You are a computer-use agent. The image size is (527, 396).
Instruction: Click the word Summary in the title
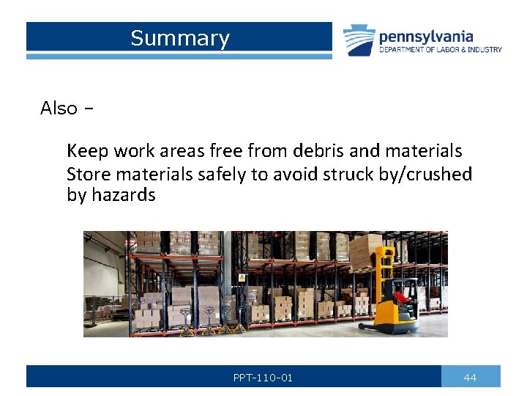(x=180, y=38)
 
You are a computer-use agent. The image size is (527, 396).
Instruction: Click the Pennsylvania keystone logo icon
(x=359, y=40)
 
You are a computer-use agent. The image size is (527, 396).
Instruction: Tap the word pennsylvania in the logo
(x=426, y=36)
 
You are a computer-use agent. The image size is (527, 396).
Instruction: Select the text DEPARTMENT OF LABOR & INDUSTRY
(x=440, y=50)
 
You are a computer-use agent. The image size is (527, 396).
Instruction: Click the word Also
(x=59, y=109)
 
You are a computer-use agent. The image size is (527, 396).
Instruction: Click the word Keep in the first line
(x=85, y=151)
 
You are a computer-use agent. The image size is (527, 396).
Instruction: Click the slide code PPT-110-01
(x=263, y=378)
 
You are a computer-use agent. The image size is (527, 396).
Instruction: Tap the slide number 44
(x=470, y=378)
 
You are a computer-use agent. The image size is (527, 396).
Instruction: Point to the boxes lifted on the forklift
(x=366, y=249)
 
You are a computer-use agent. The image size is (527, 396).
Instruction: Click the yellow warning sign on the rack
(x=241, y=278)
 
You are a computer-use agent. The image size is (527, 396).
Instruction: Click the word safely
(x=223, y=175)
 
